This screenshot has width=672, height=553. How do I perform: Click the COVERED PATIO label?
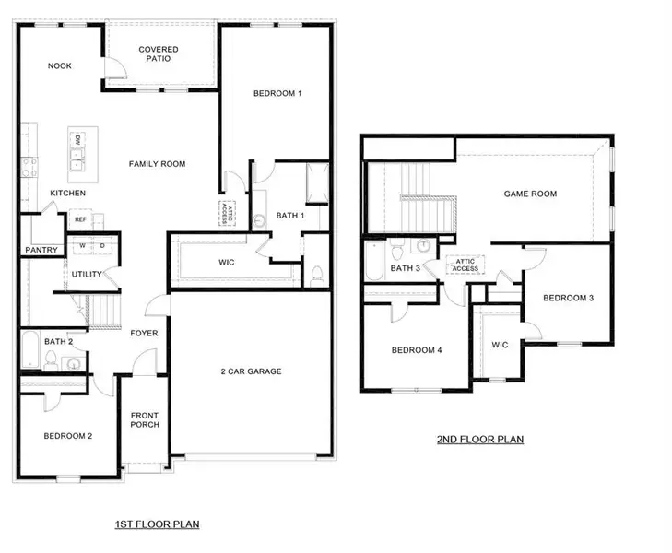[x=159, y=54]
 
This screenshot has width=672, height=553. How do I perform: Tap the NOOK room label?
[x=61, y=65]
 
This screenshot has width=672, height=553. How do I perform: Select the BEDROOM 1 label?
[x=277, y=94]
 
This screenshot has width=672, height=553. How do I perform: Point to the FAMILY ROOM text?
[x=157, y=164]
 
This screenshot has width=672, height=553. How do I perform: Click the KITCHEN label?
[x=68, y=194]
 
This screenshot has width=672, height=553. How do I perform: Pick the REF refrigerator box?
[x=80, y=220]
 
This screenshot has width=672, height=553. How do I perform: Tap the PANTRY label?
[x=41, y=250]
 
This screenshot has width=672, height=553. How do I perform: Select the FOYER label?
[x=143, y=334]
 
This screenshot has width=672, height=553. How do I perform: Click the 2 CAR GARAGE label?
[x=251, y=371]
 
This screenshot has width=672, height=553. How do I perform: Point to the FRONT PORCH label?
[x=145, y=419]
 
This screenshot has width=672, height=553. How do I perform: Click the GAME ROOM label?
[x=530, y=194]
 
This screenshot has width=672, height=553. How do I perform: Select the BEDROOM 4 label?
[x=417, y=350]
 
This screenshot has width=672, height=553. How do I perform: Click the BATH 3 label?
[x=406, y=268]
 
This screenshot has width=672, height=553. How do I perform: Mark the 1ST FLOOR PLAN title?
[x=157, y=524]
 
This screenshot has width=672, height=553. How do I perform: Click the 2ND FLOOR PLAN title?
[x=480, y=440]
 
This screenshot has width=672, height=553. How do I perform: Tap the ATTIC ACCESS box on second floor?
[x=466, y=265]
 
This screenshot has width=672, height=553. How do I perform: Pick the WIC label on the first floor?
[x=227, y=263]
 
